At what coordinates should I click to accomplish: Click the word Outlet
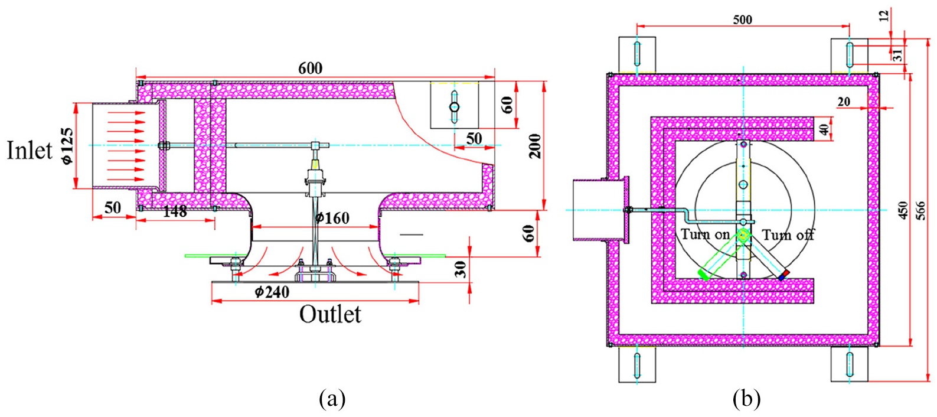pyautogui.click(x=330, y=314)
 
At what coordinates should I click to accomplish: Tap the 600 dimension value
pyautogui.click(x=311, y=69)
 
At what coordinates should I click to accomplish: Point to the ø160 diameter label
pyautogui.click(x=332, y=218)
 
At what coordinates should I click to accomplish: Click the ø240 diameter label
pyautogui.click(x=272, y=292)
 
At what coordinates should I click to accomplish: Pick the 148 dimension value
pyautogui.click(x=174, y=212)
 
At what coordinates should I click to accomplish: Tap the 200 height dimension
pyautogui.click(x=535, y=146)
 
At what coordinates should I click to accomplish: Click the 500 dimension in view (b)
pyautogui.click(x=743, y=19)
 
